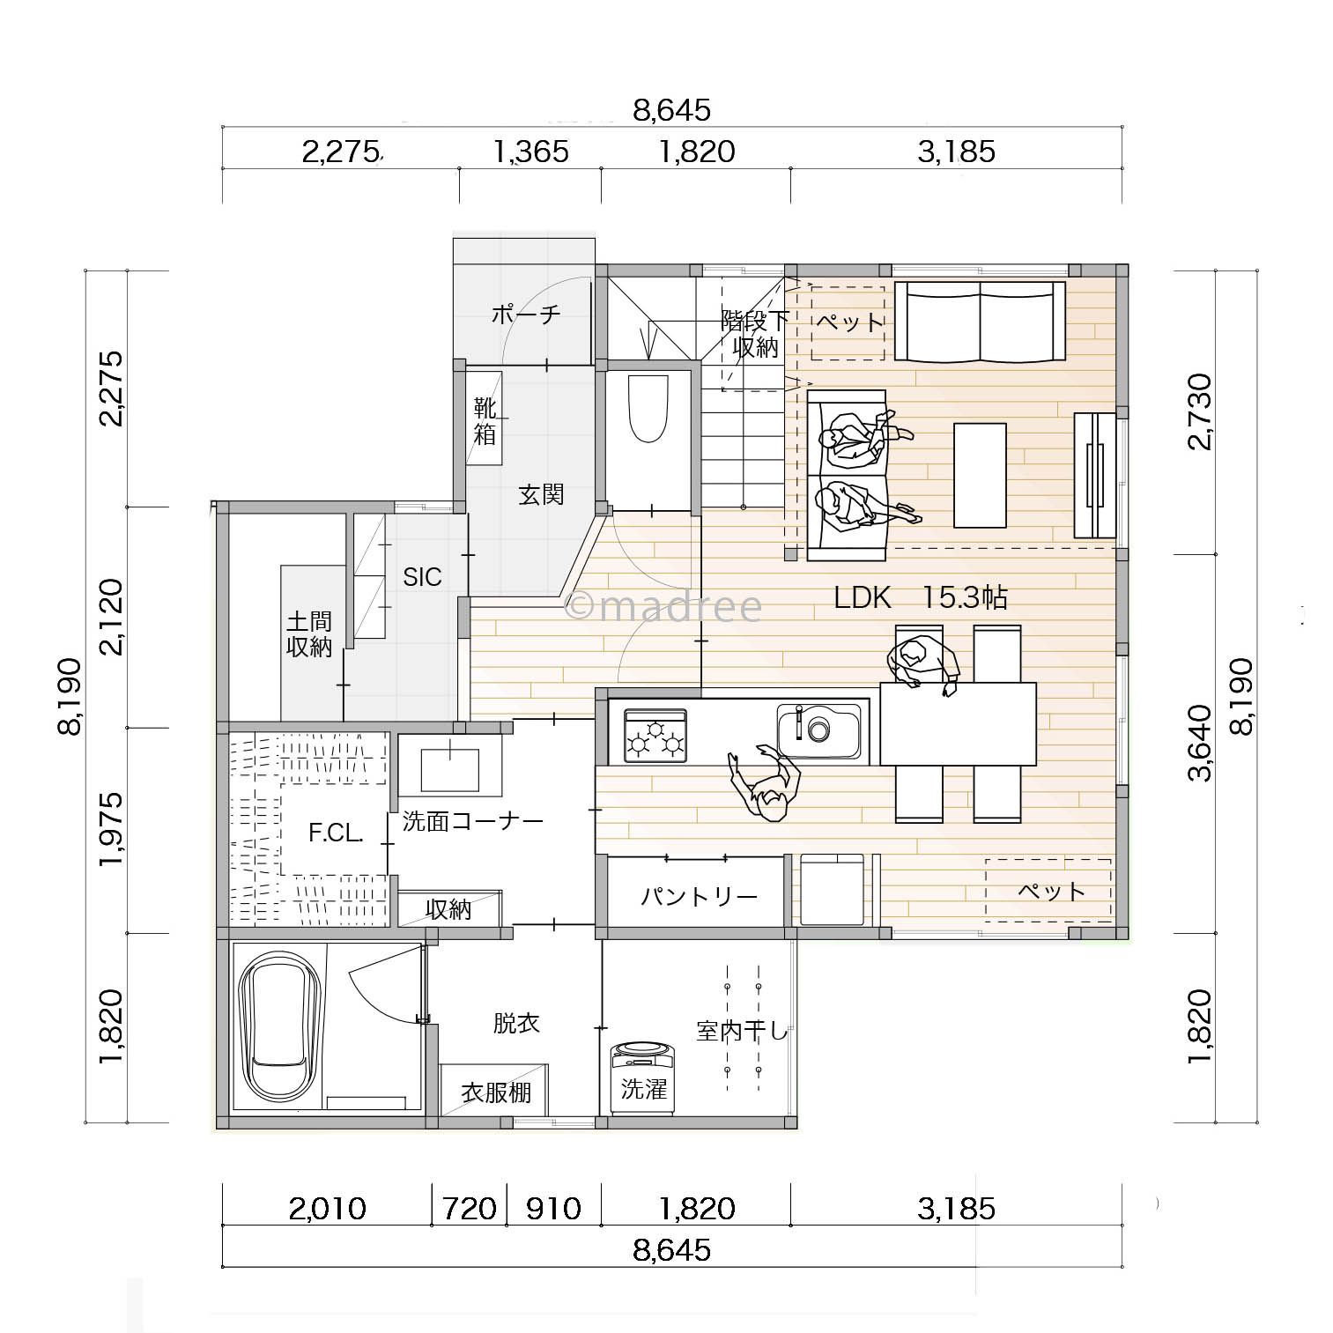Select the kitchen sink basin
(818, 731)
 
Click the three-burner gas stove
(655, 736)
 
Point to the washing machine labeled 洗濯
(643, 1078)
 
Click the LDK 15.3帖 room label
(921, 597)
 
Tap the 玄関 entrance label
(540, 494)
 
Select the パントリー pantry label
(699, 897)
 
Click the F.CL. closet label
(336, 833)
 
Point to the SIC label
(422, 577)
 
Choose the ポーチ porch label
(526, 314)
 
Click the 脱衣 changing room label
(516, 1023)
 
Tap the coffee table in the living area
(980, 476)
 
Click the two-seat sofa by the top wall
(980, 321)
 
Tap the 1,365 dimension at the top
(530, 152)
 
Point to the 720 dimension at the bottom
(469, 1208)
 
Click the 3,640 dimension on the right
(1200, 743)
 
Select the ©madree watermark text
(663, 606)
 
